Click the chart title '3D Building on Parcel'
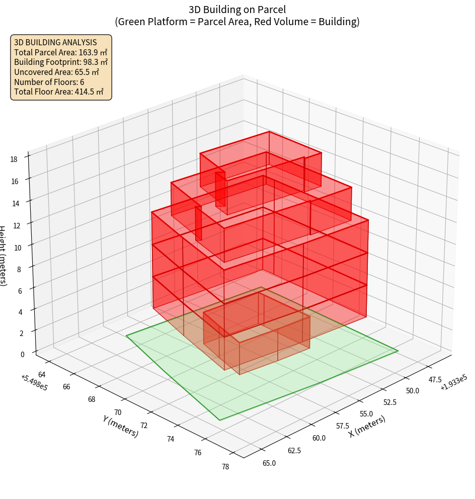(x=237, y=9)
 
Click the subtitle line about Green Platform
(x=237, y=22)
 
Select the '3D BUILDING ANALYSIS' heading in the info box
(x=55, y=42)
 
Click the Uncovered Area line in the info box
(x=56, y=72)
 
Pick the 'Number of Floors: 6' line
(x=49, y=82)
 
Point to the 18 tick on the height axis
(x=14, y=159)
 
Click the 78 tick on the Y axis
(x=225, y=466)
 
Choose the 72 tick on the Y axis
(x=143, y=426)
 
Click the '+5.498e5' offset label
(x=34, y=382)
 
